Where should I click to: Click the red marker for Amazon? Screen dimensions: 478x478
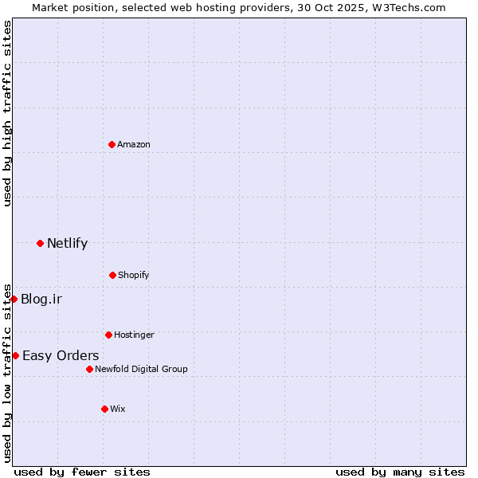point(112,144)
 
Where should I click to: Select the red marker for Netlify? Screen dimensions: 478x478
point(40,243)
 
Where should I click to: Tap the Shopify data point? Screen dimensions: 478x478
point(112,275)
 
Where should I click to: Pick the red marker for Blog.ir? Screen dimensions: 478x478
point(14,299)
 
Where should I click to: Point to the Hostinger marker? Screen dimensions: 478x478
point(108,335)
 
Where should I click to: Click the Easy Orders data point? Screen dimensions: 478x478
point(15,355)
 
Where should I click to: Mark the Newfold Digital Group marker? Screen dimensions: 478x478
point(89,369)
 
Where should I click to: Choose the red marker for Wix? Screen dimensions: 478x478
point(104,409)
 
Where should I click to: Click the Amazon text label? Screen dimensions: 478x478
point(134,144)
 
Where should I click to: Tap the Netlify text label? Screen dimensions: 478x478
point(67,244)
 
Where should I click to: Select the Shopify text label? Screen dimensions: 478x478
point(134,275)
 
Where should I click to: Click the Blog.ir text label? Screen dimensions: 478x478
point(41,300)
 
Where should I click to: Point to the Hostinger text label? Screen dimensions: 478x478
point(134,335)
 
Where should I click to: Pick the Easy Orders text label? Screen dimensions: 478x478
point(61,356)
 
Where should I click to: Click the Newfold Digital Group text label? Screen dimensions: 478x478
point(141,369)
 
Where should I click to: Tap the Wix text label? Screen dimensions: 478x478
point(118,409)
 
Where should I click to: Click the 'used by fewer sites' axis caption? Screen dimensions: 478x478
point(82,472)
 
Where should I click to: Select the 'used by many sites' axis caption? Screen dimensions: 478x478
point(400,472)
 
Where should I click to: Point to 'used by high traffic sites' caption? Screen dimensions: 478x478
point(7,113)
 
